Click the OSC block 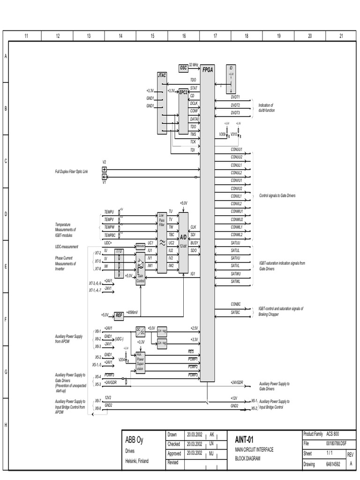(x=183, y=68)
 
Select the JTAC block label (x=162, y=75)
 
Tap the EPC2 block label (x=183, y=92)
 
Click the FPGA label (x=208, y=70)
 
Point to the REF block (x=119, y=316)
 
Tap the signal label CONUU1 (x=236, y=150)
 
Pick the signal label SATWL (x=235, y=281)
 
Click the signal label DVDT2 (x=235, y=105)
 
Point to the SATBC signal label (x=235, y=312)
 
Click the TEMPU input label (x=109, y=212)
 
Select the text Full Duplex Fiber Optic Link (x=72, y=172)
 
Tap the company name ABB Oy (x=134, y=441)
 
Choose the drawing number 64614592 (x=333, y=464)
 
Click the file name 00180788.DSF (x=337, y=443)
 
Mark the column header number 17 (x=215, y=36)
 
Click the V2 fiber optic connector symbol (x=105, y=169)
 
